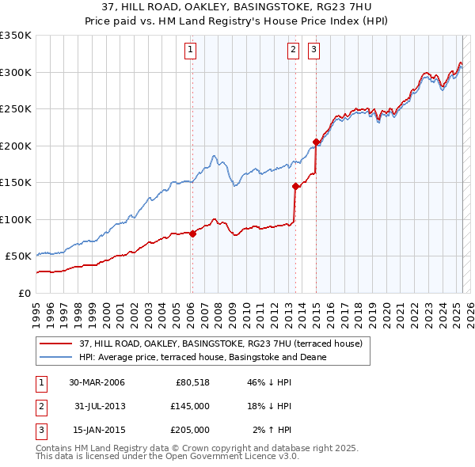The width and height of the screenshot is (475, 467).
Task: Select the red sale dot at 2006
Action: [x=193, y=233]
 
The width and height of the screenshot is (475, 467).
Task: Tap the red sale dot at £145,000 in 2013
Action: [x=295, y=187]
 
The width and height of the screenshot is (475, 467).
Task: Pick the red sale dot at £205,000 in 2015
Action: [x=316, y=142]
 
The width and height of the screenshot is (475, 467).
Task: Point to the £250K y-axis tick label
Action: [x=16, y=109]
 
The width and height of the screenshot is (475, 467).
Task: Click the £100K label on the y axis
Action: [x=16, y=219]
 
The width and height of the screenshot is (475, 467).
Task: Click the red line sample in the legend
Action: [x=55, y=344]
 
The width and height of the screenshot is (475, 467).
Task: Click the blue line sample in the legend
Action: [x=55, y=357]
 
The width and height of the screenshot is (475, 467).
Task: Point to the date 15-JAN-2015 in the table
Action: [x=97, y=430]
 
